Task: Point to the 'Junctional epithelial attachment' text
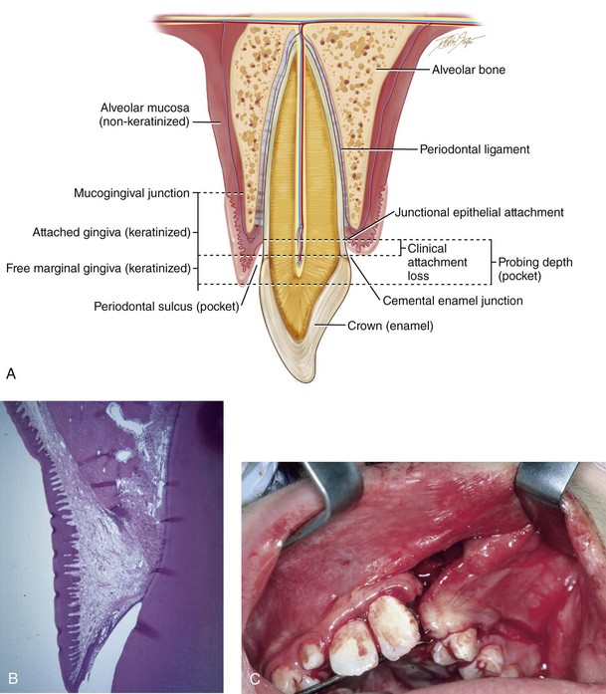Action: (x=480, y=212)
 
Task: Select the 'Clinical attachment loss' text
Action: (x=443, y=257)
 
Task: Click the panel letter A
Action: (x=10, y=374)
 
